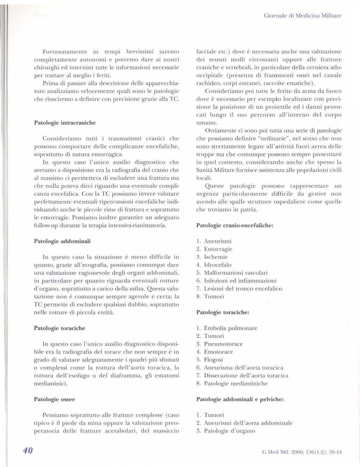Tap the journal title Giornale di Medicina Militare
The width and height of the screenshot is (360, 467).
pos(302,15)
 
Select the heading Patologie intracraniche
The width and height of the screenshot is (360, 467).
pos(65,123)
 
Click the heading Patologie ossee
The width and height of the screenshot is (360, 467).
pos(55,399)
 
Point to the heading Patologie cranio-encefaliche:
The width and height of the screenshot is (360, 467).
pos(235,225)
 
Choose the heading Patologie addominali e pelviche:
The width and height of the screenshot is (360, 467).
pos(240,399)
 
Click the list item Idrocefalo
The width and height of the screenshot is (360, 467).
pos(218,265)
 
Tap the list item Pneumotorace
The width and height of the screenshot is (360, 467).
pos(223,344)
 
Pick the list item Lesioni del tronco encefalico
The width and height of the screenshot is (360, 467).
pos(243,288)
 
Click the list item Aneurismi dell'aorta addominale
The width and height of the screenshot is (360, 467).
pos(248,423)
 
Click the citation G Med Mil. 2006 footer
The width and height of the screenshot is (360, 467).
pos(302,452)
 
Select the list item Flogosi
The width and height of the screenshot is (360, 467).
pos(213,360)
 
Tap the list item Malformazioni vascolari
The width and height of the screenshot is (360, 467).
pos(236,273)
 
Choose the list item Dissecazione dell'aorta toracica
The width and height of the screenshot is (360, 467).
pos(246,376)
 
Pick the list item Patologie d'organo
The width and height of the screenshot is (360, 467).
pos(229,431)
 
